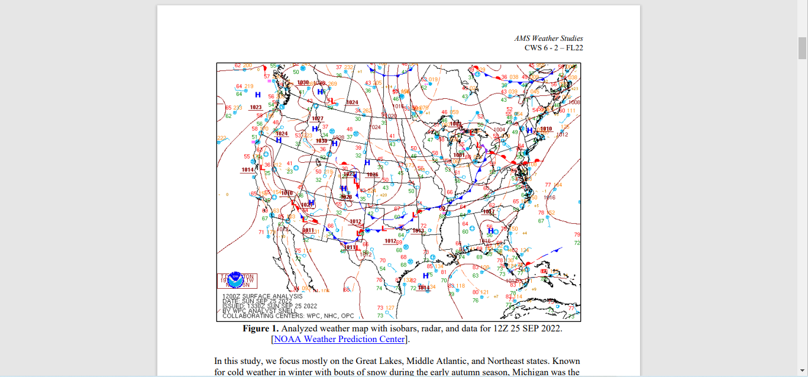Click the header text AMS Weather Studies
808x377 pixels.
[x=548, y=38]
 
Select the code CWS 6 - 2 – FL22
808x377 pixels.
[x=553, y=48]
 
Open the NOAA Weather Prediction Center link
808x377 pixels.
[x=339, y=339]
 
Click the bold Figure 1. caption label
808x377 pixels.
[x=260, y=328]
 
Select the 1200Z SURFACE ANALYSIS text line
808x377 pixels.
[x=262, y=296]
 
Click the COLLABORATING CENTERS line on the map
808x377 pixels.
[x=288, y=315]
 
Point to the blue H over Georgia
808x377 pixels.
[x=490, y=231]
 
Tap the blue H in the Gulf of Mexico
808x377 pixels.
[x=425, y=275]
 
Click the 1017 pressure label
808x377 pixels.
[x=489, y=211]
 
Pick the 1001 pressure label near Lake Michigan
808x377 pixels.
[x=459, y=155]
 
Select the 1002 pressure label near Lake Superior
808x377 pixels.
[x=455, y=124]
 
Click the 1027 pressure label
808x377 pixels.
[x=318, y=118]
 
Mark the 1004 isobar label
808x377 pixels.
[x=500, y=130]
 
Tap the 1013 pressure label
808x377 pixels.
[x=418, y=231]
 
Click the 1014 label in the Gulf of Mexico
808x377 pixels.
[x=423, y=288]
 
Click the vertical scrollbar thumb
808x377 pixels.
[x=803, y=47]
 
